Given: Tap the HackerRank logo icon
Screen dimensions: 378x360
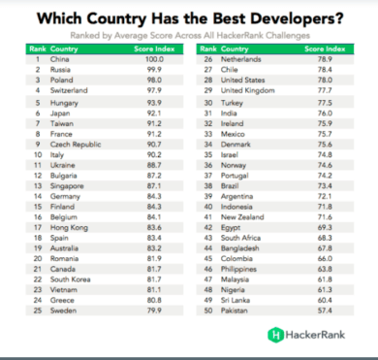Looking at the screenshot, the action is [275, 335].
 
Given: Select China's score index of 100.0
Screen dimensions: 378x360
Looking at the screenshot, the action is [154, 59].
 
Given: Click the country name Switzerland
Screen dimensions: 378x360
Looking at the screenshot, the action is [69, 90].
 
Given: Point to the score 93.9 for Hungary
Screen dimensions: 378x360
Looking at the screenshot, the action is [154, 103].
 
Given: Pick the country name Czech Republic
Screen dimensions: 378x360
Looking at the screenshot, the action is [76, 145].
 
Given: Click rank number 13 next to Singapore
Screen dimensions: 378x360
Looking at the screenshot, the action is [38, 186].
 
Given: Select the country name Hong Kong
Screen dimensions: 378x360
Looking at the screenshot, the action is [69, 228].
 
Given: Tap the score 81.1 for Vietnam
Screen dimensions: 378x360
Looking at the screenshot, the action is [154, 290].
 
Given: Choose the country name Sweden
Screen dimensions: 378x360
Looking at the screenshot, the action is [63, 311].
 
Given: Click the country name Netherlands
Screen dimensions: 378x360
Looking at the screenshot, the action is [241, 59].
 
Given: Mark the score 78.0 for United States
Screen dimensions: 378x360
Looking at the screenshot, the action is [325, 80].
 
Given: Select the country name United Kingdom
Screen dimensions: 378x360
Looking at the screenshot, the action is [248, 90].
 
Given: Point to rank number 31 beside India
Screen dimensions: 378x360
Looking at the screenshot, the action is [208, 114].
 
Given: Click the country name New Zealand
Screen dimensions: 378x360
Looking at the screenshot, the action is [242, 217].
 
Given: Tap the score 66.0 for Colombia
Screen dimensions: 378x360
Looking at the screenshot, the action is [325, 259].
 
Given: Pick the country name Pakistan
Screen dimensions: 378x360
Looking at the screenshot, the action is [235, 311].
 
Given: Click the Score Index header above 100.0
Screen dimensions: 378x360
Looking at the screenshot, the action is [154, 49].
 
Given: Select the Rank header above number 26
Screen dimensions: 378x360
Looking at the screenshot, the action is [208, 49].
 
